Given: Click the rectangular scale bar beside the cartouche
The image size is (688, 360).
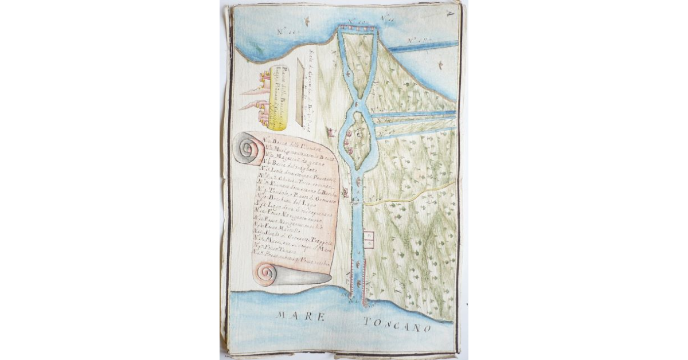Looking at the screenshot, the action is pos(299,92).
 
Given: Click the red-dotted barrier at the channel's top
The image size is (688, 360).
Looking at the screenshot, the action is pos(357,26).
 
